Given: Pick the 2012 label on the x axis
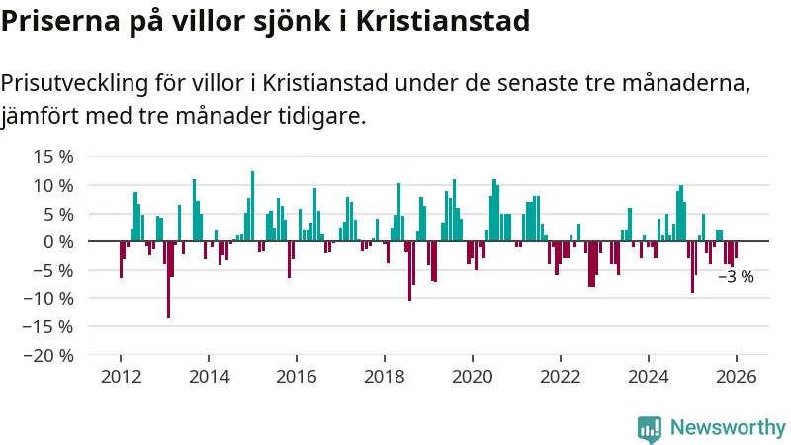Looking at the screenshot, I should click(x=121, y=377).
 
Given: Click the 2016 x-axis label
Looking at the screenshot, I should click(x=297, y=377).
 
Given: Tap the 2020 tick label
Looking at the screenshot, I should click(x=473, y=377).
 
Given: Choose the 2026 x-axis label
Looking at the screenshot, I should click(x=737, y=377).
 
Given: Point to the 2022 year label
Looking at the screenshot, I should click(x=561, y=377).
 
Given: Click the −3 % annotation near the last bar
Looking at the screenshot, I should click(x=736, y=277).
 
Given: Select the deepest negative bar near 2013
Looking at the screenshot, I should click(x=169, y=282).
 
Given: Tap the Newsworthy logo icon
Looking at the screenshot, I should click(x=650, y=428).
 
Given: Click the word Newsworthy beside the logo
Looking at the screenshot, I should click(x=728, y=428).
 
